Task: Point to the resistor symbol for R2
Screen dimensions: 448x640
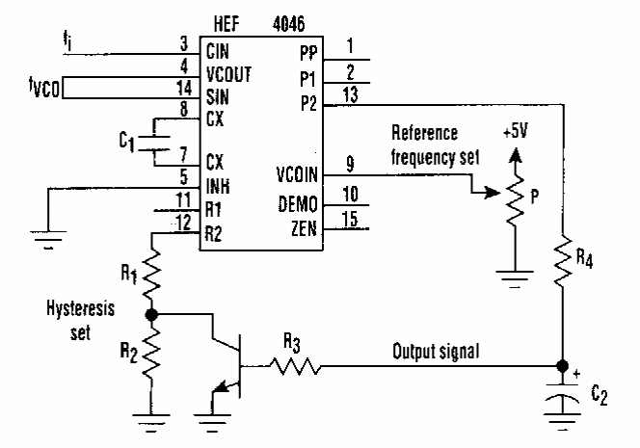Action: click(x=152, y=356)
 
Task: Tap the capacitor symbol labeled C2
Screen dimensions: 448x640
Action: click(x=561, y=397)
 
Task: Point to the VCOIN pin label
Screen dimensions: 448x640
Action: click(x=296, y=176)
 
